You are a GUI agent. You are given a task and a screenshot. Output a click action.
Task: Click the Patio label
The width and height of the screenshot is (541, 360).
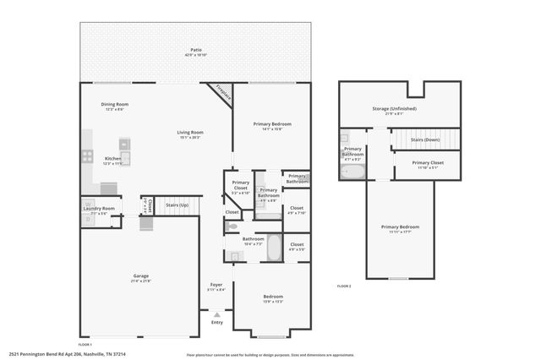click(x=195, y=52)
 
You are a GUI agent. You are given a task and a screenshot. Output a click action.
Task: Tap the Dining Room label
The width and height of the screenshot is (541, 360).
click(x=115, y=104)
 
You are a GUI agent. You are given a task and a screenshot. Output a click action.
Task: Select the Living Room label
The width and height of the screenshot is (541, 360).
click(x=189, y=132)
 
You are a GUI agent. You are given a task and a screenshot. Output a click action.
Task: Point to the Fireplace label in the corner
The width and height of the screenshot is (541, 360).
click(x=222, y=92)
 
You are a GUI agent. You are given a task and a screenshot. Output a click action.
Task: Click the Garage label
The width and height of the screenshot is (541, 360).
click(x=141, y=275)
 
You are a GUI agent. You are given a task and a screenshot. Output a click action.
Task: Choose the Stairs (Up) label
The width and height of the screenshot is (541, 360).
click(x=178, y=205)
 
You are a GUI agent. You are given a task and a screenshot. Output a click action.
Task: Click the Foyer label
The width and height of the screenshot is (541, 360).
click(x=216, y=285)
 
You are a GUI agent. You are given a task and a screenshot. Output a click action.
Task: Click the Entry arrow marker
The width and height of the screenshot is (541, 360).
click(x=216, y=314)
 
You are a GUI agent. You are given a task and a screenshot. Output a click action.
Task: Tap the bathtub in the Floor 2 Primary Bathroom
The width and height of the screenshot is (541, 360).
click(x=352, y=172)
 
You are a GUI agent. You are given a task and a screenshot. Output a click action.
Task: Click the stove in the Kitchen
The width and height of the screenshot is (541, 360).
click(x=87, y=155)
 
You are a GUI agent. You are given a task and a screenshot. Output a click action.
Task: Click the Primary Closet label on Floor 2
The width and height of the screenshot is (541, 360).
click(x=427, y=162)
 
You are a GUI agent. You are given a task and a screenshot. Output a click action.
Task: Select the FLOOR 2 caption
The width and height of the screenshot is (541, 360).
click(x=344, y=286)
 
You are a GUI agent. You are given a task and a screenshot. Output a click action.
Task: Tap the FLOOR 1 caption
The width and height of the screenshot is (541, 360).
click(x=85, y=345)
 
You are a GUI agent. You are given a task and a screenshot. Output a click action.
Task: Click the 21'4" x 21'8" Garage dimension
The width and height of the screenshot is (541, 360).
click(x=141, y=281)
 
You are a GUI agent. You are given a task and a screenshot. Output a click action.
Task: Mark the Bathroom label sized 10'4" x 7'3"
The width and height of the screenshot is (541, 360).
click(x=254, y=239)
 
